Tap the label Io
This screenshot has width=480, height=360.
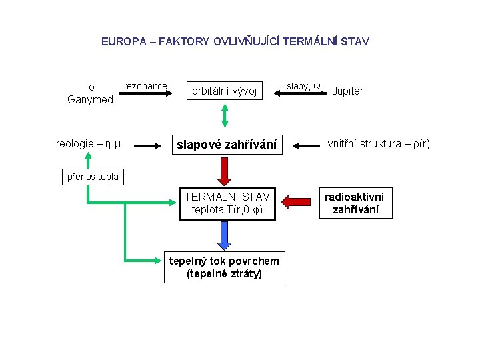[x=90, y=87]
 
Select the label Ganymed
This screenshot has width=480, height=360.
[x=90, y=99]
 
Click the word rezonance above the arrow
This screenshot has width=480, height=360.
[x=145, y=86]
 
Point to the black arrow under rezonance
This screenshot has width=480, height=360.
[x=145, y=94]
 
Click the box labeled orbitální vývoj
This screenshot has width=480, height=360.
[x=225, y=91]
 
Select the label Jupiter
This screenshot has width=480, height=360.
[x=347, y=91]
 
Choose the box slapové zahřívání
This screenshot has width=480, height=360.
[x=225, y=144]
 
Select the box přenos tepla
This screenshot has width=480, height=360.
[x=91, y=177]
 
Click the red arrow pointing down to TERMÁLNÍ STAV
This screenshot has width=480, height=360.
[x=225, y=171]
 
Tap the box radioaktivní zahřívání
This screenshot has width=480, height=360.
[x=355, y=203]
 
